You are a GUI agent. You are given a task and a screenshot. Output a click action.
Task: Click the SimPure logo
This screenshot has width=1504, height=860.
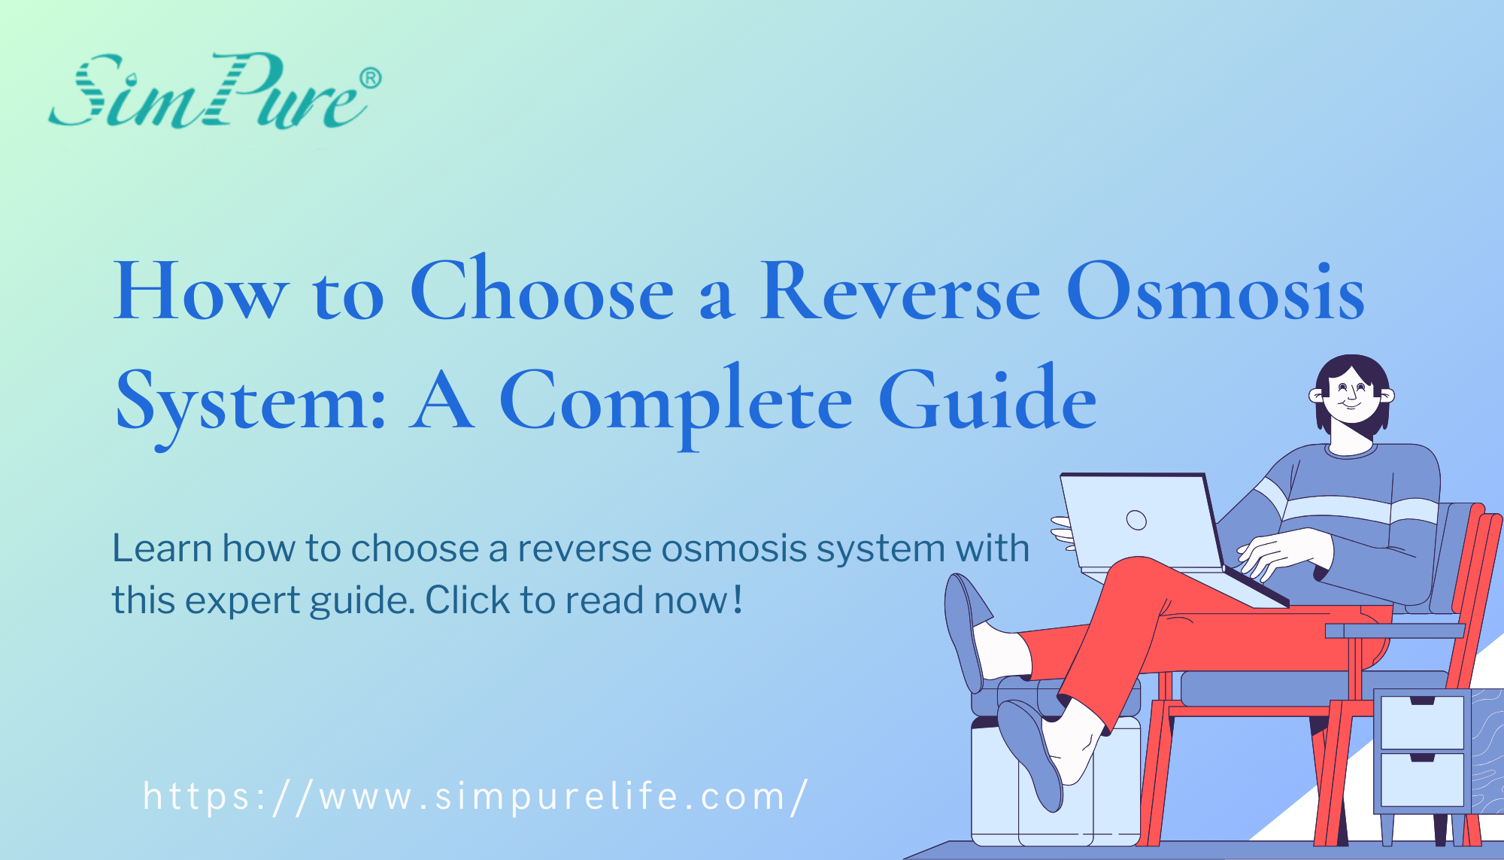click(x=207, y=92)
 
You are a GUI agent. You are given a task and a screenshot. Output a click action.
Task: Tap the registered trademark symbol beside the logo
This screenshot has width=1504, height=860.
click(x=370, y=78)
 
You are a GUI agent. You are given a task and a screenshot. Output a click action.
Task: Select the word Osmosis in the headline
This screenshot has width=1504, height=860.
click(x=1214, y=292)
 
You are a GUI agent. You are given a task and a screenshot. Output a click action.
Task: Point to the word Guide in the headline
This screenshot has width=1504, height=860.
click(x=987, y=400)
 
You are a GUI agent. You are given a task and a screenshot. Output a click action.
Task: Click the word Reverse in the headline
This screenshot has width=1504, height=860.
click(x=900, y=292)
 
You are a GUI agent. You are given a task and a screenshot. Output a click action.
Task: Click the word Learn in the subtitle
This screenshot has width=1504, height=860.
click(x=162, y=548)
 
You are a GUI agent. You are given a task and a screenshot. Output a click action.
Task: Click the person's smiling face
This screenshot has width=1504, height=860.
click(x=1352, y=395)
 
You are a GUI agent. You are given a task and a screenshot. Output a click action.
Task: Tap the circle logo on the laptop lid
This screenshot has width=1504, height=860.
click(x=1136, y=520)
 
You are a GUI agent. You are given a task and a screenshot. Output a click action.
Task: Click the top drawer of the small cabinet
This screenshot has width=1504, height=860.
click(x=1422, y=722)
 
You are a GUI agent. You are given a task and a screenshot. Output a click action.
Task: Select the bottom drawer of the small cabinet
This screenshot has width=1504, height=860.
click(x=1422, y=779)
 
